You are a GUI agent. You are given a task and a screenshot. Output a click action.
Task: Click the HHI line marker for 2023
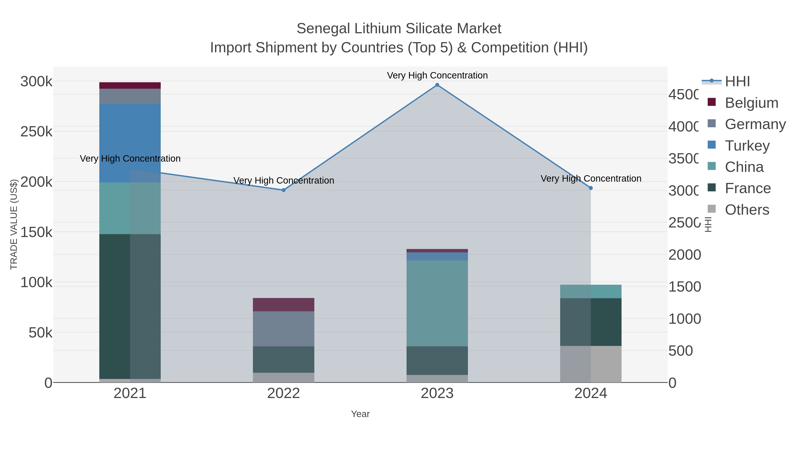[437, 85]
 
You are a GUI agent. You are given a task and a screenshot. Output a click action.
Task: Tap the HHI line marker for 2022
[284, 190]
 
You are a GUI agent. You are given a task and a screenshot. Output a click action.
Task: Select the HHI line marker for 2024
[591, 188]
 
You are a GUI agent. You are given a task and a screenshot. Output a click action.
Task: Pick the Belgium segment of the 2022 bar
[284, 305]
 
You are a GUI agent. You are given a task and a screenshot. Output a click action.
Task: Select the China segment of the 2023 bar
[437, 303]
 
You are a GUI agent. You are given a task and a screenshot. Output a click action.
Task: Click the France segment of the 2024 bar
[591, 322]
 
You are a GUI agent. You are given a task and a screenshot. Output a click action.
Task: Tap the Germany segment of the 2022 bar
[284, 329]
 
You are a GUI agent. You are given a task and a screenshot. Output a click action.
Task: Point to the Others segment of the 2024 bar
[591, 364]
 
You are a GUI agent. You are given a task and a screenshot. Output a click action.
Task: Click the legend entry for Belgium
[751, 103]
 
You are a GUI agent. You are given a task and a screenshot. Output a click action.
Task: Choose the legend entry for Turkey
[747, 146]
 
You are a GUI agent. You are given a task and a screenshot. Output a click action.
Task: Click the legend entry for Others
[747, 210]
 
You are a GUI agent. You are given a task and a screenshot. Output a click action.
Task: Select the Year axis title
[360, 414]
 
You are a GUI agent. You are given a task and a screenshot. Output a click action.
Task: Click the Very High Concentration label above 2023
[437, 75]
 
